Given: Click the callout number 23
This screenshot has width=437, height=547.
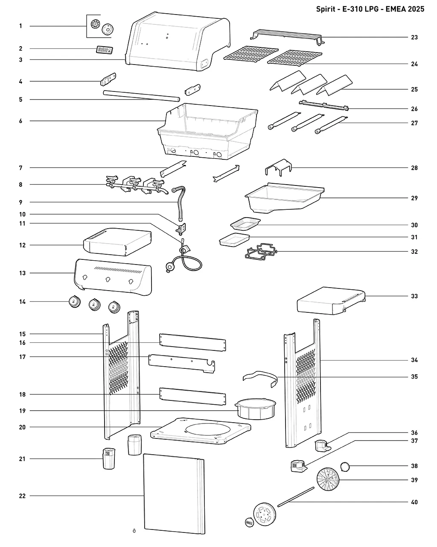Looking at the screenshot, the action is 414,37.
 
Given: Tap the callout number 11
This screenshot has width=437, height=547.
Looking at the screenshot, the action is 22,224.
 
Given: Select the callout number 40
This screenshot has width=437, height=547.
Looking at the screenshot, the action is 414,502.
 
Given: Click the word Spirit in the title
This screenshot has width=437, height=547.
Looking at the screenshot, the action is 326,9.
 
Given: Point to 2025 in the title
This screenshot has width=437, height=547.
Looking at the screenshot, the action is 416,9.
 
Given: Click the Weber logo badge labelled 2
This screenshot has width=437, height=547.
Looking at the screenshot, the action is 105,50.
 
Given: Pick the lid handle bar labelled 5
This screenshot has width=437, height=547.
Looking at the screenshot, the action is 141,96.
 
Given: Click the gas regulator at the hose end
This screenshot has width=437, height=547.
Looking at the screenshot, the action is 169,266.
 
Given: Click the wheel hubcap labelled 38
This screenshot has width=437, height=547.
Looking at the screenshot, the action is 345,467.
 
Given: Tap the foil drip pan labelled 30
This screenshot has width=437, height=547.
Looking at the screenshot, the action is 245,224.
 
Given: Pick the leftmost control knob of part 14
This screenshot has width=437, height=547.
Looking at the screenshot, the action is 75,302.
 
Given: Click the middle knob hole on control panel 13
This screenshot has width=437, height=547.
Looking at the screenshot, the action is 108,279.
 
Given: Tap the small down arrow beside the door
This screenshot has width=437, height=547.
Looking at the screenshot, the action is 134,530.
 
